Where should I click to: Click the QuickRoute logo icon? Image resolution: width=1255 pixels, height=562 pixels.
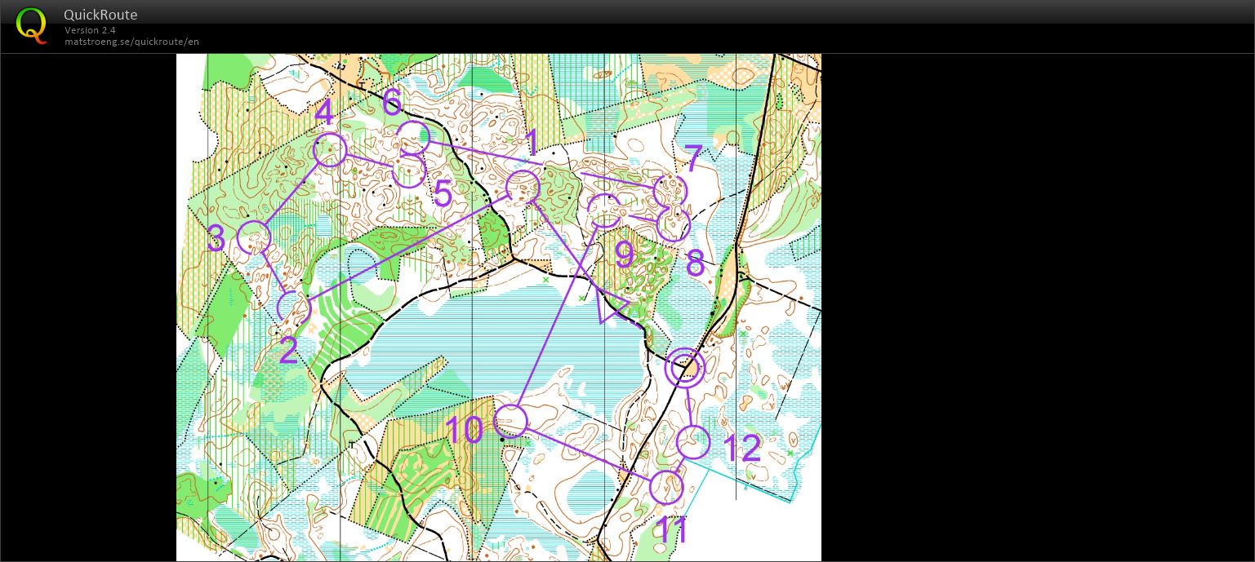point(31,25)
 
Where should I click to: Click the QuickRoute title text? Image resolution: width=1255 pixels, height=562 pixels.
point(100,15)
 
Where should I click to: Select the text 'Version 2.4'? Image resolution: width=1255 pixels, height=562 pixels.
point(90,30)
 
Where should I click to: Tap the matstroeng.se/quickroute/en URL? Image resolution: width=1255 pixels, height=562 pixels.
point(131,42)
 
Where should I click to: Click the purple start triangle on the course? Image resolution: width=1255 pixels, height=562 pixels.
point(611,307)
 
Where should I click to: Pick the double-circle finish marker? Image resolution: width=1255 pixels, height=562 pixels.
point(684,368)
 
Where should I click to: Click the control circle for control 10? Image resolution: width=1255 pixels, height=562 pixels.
point(511,421)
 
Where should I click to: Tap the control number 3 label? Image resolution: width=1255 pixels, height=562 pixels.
point(216,240)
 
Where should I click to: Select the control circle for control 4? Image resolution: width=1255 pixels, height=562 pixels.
point(330,150)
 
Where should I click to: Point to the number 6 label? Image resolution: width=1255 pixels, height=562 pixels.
point(392,102)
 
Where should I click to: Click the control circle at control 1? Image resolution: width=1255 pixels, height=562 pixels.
point(523,188)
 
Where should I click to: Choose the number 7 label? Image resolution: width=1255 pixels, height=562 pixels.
point(692,158)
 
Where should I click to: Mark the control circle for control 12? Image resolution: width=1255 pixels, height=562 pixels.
point(693,442)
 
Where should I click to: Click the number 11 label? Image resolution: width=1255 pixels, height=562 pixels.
point(672,531)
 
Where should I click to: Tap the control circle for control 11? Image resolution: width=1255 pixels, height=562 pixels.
point(666,487)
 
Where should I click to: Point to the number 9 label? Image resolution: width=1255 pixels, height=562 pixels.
point(625,255)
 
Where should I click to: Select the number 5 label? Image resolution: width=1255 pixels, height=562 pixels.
point(442,195)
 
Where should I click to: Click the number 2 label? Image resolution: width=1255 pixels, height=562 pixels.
point(288,351)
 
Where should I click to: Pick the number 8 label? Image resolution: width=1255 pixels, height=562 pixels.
point(695,263)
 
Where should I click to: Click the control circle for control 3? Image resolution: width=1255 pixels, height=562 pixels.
point(253,237)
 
